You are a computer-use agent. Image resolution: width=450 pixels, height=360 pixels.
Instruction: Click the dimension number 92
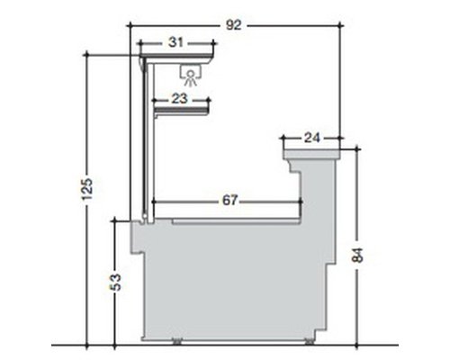tap(233, 25)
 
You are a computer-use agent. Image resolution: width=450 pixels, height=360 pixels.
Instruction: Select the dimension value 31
tap(175, 42)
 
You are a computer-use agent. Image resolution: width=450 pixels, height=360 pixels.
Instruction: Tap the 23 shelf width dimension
tap(179, 98)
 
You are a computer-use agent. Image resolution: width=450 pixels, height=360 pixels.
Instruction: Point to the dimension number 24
tap(312, 138)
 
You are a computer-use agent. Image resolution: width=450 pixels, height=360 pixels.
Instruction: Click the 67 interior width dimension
tap(230, 200)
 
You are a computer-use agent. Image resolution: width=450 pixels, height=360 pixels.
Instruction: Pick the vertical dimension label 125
tap(87, 189)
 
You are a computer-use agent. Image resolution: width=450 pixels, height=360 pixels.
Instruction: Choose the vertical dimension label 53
tap(115, 283)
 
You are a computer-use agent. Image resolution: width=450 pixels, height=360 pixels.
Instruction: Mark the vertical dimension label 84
tap(357, 255)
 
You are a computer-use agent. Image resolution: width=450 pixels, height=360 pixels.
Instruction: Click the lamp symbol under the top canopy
tap(190, 75)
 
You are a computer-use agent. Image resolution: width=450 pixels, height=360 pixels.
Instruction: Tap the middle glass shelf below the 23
tap(182, 111)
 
